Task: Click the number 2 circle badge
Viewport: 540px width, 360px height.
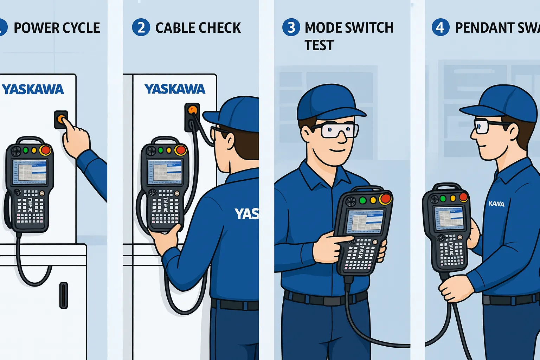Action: click(141, 27)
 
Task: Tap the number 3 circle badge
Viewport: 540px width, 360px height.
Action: click(291, 27)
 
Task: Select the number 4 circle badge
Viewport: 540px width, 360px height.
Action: click(441, 27)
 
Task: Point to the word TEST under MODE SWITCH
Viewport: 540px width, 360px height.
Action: click(319, 45)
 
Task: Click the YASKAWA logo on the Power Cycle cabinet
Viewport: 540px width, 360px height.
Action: click(33, 89)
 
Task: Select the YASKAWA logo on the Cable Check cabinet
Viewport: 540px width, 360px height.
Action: click(175, 89)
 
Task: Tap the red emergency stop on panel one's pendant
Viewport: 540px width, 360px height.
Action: click(45, 150)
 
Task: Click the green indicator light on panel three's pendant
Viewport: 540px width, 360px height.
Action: click(362, 200)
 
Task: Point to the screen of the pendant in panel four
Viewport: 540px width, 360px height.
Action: click(450, 219)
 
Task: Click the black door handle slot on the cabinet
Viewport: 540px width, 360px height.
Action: click(64, 295)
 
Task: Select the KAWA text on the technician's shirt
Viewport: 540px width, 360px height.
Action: click(496, 204)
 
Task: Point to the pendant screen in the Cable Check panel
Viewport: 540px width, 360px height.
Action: click(165, 172)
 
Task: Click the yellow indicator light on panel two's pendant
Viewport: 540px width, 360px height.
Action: click(169, 150)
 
